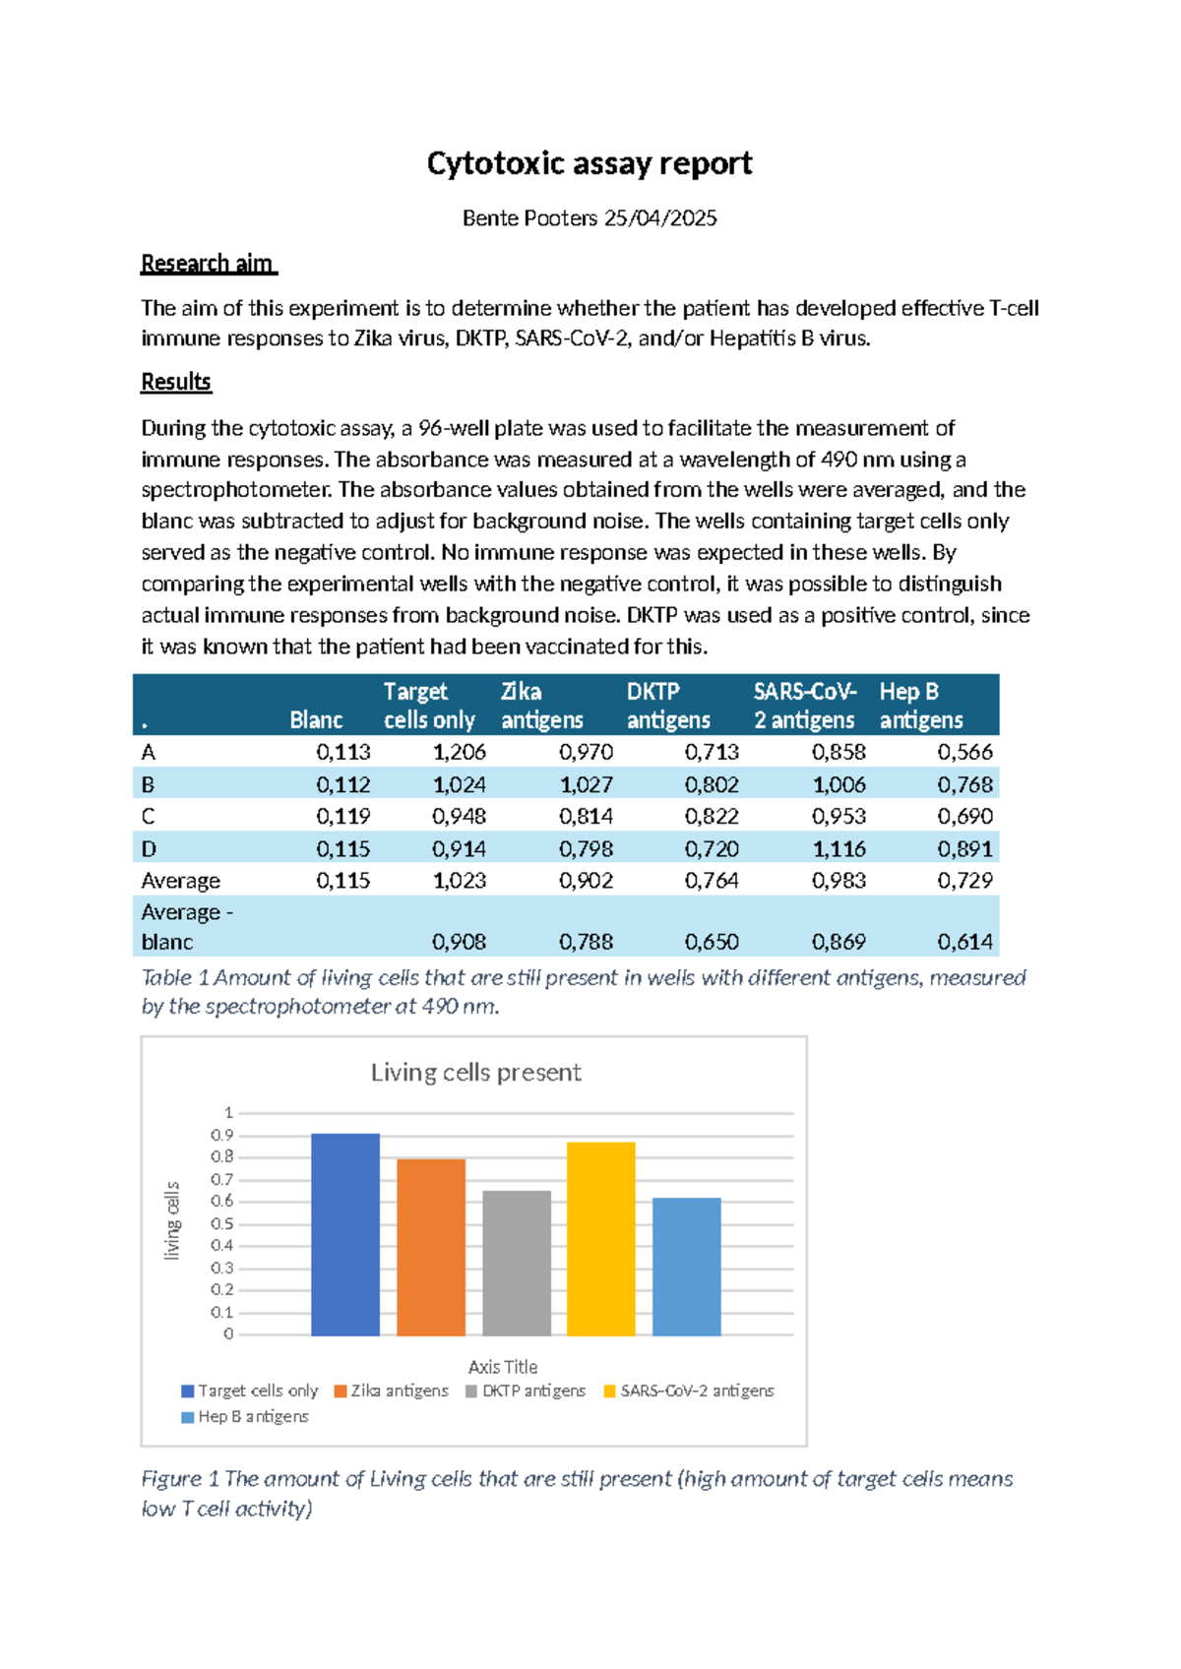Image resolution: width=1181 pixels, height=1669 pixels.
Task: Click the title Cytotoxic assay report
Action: tap(589, 163)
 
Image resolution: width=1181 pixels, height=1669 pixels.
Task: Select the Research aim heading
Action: tap(208, 264)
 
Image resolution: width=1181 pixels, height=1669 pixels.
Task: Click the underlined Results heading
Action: tap(175, 382)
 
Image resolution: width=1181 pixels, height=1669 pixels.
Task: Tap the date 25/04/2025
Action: tap(660, 218)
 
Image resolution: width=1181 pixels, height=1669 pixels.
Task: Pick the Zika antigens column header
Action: tap(541, 706)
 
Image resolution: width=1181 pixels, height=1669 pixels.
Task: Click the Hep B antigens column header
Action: tap(920, 706)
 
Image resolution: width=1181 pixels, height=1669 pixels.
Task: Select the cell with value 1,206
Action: tap(459, 753)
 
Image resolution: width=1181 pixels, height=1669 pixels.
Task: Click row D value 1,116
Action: tap(839, 848)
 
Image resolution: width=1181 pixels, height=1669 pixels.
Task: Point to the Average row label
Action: tap(180, 881)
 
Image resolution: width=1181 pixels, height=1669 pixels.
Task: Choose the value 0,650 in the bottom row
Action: tap(712, 942)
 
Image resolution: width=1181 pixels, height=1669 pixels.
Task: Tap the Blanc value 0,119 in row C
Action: tap(342, 816)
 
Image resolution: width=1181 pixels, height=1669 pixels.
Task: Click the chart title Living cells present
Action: tap(475, 1073)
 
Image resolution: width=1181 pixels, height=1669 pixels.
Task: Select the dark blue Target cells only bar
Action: tap(344, 1235)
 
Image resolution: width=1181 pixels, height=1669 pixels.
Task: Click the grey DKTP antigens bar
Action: tap(517, 1264)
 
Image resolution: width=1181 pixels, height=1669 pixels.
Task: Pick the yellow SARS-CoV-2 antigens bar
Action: tap(600, 1239)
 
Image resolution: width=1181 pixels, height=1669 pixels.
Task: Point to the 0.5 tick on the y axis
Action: tap(222, 1224)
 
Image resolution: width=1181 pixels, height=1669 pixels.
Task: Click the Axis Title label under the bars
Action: tap(503, 1367)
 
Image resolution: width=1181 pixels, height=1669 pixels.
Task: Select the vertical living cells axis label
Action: tap(172, 1221)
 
